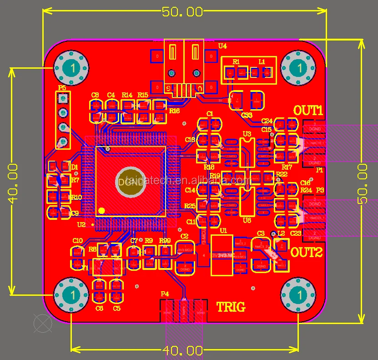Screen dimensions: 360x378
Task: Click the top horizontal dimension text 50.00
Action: (183, 12)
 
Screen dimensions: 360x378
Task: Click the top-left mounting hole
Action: (71, 68)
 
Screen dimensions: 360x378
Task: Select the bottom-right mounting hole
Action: (298, 295)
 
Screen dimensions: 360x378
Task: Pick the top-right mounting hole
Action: (298, 68)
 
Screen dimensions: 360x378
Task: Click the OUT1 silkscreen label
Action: (308, 111)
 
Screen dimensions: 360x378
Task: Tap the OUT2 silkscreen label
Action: (306, 252)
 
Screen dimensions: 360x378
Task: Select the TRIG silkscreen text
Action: (230, 307)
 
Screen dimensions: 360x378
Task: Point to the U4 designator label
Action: (222, 46)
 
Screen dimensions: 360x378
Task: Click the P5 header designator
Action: (62, 87)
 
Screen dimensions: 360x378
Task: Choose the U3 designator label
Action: (247, 134)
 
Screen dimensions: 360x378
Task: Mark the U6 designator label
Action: (247, 220)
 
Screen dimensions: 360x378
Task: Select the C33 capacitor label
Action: (247, 115)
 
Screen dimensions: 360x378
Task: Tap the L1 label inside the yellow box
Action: (262, 61)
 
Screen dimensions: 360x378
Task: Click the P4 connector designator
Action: (165, 294)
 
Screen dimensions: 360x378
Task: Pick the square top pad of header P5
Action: (63, 97)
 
